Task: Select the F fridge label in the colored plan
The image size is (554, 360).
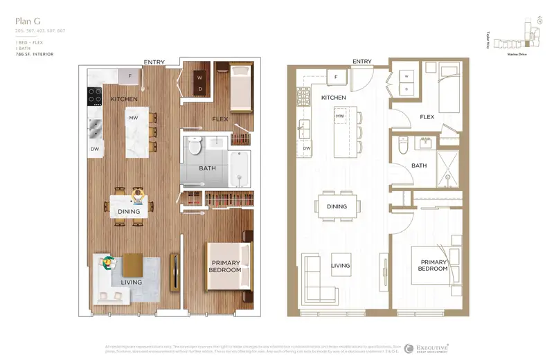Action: (129, 75)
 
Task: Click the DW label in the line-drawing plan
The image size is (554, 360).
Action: (306, 148)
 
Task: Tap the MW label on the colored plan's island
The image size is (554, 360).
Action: (133, 118)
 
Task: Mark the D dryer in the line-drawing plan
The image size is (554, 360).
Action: (407, 89)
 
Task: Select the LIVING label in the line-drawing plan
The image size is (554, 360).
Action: (340, 265)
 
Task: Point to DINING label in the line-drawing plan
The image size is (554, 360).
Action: (337, 206)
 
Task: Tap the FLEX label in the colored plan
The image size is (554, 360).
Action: (221, 119)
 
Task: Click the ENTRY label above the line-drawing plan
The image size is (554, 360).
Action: (361, 62)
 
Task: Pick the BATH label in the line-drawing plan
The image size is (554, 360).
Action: (419, 165)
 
